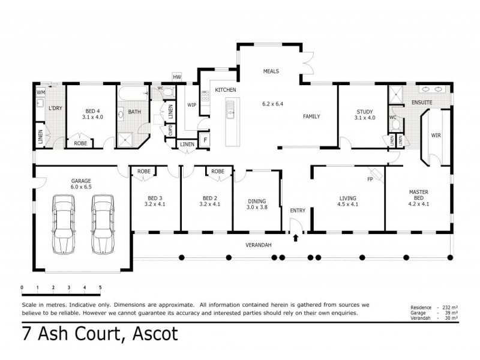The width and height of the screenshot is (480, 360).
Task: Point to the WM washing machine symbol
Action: click(41, 92)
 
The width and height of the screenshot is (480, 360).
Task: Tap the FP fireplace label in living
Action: click(371, 179)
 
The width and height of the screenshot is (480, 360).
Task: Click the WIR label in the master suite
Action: click(436, 136)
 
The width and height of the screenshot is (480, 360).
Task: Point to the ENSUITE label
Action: click(421, 103)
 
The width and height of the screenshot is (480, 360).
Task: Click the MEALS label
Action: click(271, 71)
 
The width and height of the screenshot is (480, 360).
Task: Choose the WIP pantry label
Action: click(192, 104)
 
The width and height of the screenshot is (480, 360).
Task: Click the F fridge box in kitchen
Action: click(205, 139)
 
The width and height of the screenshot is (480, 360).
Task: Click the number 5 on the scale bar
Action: click(100, 287)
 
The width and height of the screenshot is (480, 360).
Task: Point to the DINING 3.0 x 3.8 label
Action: click(257, 205)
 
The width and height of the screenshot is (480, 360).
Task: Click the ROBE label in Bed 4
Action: click(80, 143)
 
